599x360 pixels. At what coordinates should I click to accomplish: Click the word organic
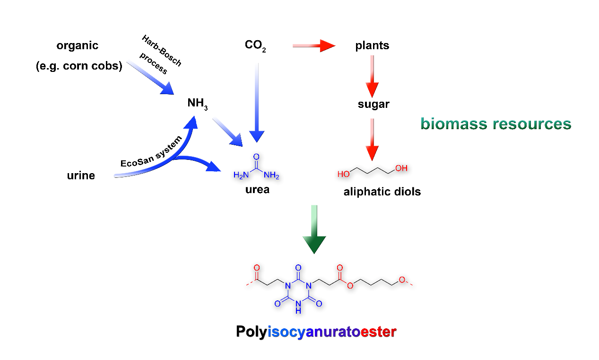pos(78,46)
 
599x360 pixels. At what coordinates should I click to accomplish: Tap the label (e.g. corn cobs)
pos(79,66)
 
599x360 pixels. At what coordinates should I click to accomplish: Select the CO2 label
pos(255,46)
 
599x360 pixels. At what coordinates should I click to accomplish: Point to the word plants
pos(372,46)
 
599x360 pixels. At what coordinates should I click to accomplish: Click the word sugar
pos(373,104)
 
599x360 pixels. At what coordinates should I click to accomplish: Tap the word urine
pos(81,176)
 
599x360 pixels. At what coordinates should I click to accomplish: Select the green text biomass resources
pos(496,124)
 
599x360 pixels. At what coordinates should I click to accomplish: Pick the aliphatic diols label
pos(382,192)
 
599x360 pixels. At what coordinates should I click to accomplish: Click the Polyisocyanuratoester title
pos(316,332)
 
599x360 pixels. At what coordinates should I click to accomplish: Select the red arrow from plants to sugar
pos(373,76)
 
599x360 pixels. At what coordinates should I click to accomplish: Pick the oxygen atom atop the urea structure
pos(256,157)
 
